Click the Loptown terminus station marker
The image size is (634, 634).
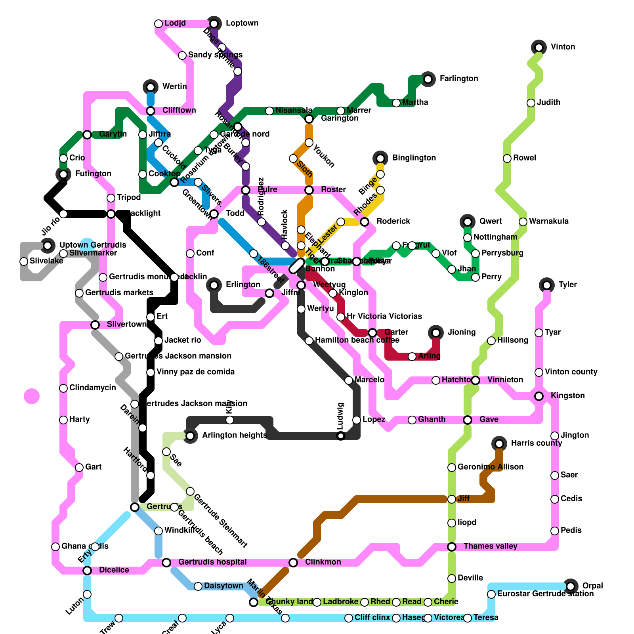(x=214, y=24)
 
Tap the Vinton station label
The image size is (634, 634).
(x=563, y=47)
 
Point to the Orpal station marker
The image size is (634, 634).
(x=571, y=586)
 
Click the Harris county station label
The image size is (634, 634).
(x=536, y=443)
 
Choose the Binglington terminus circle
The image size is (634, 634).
(x=380, y=158)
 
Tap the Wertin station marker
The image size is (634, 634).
(x=151, y=87)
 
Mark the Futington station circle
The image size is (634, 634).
(x=63, y=174)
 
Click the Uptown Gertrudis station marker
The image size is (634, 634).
(x=48, y=246)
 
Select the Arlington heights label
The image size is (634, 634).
(x=234, y=435)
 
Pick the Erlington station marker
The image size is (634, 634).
(x=214, y=285)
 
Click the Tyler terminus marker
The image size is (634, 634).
(x=547, y=285)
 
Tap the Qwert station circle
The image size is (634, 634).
(x=468, y=222)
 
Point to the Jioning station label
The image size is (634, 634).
(x=462, y=332)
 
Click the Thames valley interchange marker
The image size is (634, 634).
(x=452, y=547)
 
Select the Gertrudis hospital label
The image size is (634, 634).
(x=212, y=562)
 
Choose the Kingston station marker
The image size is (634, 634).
(x=539, y=396)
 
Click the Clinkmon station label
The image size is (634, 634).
(x=323, y=562)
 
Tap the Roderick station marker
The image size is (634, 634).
(x=365, y=222)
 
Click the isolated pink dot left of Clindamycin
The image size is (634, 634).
(x=32, y=396)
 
